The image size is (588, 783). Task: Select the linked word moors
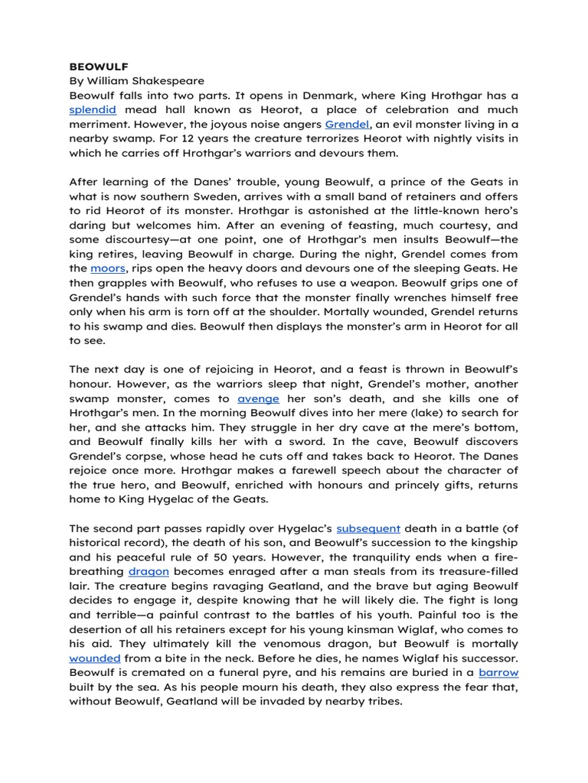(x=107, y=269)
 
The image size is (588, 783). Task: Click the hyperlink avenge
(x=258, y=399)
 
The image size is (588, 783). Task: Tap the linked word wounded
(x=95, y=658)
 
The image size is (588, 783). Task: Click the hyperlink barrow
(x=498, y=673)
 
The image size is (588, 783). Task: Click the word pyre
(x=266, y=673)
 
